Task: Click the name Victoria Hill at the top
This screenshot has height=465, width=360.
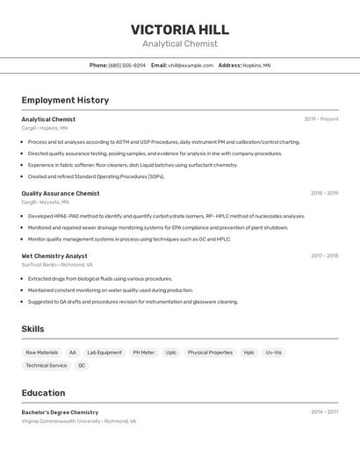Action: [179, 29]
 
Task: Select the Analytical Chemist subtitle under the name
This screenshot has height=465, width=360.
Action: [179, 44]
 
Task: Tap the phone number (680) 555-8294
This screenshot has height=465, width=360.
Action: [127, 65]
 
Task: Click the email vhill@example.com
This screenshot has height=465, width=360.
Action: [191, 65]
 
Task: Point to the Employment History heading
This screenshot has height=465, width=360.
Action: [65, 100]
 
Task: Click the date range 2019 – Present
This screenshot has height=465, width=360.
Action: [320, 119]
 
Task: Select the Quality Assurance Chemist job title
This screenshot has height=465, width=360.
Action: [61, 193]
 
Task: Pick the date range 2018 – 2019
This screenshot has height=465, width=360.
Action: [324, 193]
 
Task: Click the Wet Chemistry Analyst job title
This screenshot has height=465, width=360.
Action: [54, 256]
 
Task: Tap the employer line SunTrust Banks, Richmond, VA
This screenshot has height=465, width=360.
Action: [57, 264]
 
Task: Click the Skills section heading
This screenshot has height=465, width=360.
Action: [33, 329]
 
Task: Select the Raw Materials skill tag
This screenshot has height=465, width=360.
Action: [42, 353]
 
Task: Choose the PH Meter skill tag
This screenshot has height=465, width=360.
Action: [143, 353]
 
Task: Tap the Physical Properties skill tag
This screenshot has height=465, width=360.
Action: [210, 353]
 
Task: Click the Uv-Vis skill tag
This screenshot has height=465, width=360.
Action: [274, 353]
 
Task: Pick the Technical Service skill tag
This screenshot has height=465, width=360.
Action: [46, 365]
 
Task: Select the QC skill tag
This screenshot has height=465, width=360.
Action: [82, 365]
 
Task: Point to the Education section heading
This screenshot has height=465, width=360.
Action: [43, 393]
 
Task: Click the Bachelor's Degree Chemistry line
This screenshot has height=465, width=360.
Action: [60, 412]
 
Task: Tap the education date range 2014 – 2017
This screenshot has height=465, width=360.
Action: [324, 411]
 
